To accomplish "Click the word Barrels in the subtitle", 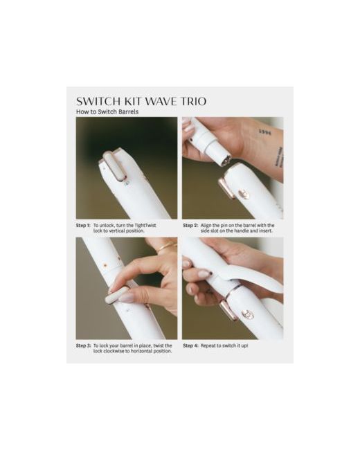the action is click(128, 111).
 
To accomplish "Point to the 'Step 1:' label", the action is click(83, 225).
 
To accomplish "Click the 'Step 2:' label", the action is click(190, 225).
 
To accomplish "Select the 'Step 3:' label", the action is click(83, 345).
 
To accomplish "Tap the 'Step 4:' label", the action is click(190, 345).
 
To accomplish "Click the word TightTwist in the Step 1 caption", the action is click(145, 225).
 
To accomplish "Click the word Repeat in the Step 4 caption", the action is click(208, 346).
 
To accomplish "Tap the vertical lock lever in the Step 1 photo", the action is click(114, 166).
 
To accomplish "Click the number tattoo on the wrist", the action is click(264, 132).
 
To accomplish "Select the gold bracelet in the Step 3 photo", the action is click(167, 247).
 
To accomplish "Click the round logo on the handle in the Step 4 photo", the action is click(247, 315).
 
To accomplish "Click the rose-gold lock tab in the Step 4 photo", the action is click(228, 309).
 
